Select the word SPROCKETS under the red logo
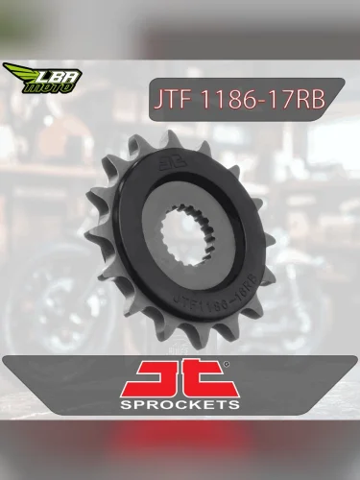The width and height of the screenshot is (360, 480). [180, 404]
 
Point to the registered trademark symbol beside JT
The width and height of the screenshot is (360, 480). [226, 364]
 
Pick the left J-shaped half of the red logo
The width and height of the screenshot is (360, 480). [157, 377]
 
